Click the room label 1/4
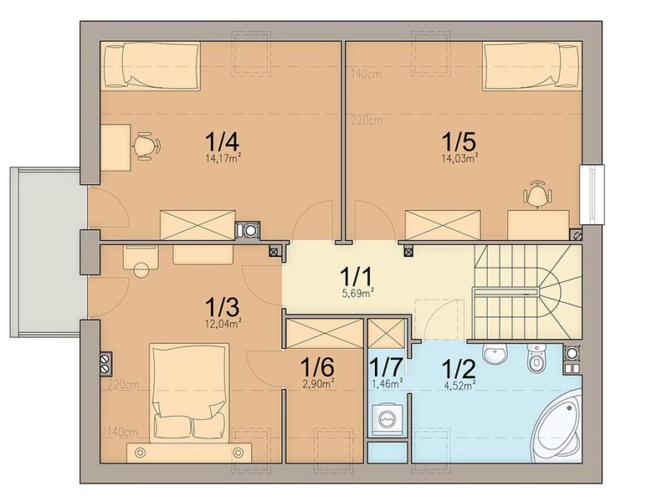click(x=224, y=142)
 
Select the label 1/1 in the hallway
click(x=357, y=278)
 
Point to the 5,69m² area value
click(x=359, y=294)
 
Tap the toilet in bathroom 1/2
click(x=536, y=356)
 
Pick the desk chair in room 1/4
click(x=146, y=146)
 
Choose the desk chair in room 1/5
click(x=537, y=195)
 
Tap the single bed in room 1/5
click(x=531, y=66)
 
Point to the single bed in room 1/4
click(x=151, y=66)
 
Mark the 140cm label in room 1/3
click(x=123, y=432)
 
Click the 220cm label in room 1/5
click(x=367, y=120)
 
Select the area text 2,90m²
click(x=317, y=382)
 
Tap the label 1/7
click(x=386, y=367)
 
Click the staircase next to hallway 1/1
click(x=527, y=292)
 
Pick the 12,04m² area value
click(x=224, y=324)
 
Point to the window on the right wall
click(x=592, y=194)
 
